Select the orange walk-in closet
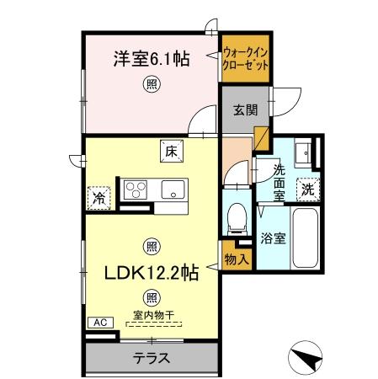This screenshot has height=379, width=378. [x=246, y=58]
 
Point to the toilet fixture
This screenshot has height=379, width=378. [x=237, y=217]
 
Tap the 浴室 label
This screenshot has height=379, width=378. [x=272, y=238]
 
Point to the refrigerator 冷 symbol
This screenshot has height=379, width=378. [x=98, y=199]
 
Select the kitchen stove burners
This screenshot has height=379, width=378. [x=136, y=188]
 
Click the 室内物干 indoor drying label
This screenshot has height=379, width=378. [x=152, y=316]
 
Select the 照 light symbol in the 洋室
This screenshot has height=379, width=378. [x=152, y=83]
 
